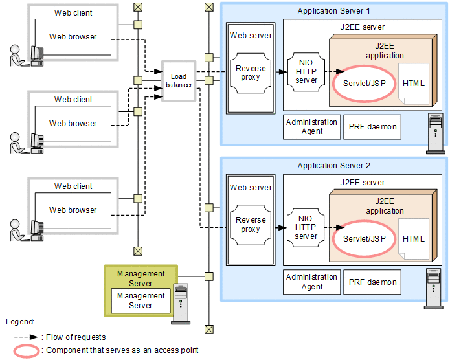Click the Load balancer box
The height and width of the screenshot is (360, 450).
[179, 80]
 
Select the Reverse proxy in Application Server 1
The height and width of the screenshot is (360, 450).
[250, 73]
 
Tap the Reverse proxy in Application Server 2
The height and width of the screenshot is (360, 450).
[250, 225]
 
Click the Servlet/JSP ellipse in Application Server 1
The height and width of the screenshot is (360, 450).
[364, 84]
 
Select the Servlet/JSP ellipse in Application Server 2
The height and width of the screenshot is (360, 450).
[364, 238]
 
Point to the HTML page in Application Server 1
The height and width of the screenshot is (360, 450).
[414, 84]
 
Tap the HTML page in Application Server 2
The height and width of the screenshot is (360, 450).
[414, 238]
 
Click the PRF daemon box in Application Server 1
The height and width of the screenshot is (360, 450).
[372, 127]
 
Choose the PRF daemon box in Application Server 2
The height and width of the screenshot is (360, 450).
[372, 282]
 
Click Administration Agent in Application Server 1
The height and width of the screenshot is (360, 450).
[312, 127]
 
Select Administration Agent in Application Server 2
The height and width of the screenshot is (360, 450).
[312, 282]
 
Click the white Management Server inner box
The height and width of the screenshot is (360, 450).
[141, 300]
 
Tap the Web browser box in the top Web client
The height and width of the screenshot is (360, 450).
[73, 37]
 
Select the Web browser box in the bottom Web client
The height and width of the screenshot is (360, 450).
[73, 210]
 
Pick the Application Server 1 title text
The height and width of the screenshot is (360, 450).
[333, 11]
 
